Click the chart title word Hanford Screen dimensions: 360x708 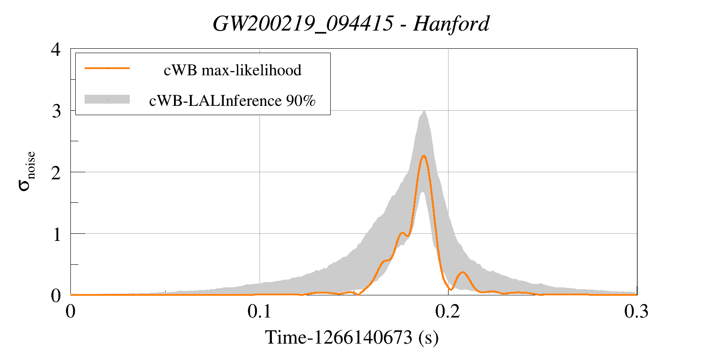[x=451, y=24]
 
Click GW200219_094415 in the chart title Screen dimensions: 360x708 [x=303, y=24]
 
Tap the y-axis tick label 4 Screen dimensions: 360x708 [x=56, y=49]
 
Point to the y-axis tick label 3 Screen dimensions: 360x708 [x=56, y=111]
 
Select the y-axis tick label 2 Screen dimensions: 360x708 [x=56, y=172]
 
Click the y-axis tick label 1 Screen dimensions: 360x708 [x=56, y=234]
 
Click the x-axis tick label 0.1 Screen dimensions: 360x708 [x=259, y=312]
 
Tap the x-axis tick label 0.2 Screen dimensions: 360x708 [x=448, y=312]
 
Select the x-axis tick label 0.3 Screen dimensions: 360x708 [x=636, y=312]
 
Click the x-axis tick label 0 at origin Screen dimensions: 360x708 [x=70, y=312]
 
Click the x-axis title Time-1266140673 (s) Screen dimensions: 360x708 [x=352, y=338]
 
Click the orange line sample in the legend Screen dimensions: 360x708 [x=107, y=68]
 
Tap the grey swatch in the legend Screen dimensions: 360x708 [x=107, y=100]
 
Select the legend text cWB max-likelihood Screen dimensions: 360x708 [x=232, y=70]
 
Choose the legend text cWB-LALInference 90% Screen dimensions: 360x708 [x=232, y=101]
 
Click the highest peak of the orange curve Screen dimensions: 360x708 [x=424, y=156]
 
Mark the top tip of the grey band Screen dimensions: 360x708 [x=424, y=111]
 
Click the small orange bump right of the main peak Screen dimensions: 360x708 [x=463, y=272]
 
